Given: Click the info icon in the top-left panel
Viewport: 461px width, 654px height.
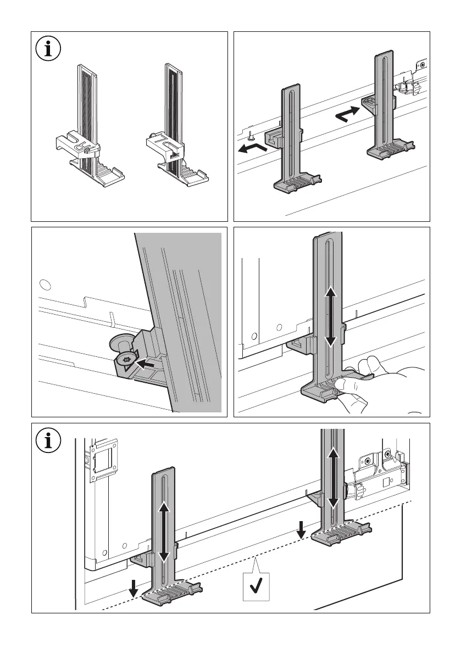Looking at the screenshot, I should pos(49,49).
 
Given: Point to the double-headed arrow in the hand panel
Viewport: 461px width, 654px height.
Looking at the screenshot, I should pos(330,318).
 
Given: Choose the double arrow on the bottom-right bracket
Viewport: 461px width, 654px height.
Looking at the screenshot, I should pos(332,476).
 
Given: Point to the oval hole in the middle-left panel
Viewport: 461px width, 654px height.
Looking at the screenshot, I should pos(46,284).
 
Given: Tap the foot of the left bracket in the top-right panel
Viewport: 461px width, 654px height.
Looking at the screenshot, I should pos(297,183).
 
